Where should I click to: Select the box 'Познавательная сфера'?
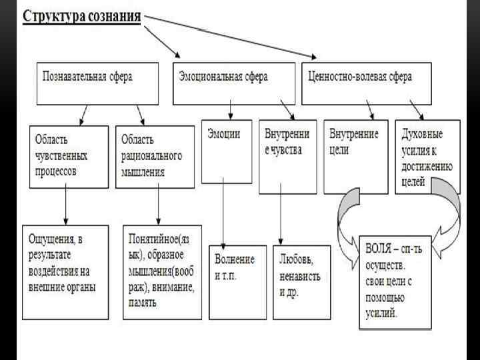tap(97, 83)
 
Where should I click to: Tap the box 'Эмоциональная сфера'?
tap(234, 83)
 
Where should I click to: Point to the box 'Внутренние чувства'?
tap(287, 157)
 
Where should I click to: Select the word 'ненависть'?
tap(301, 274)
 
